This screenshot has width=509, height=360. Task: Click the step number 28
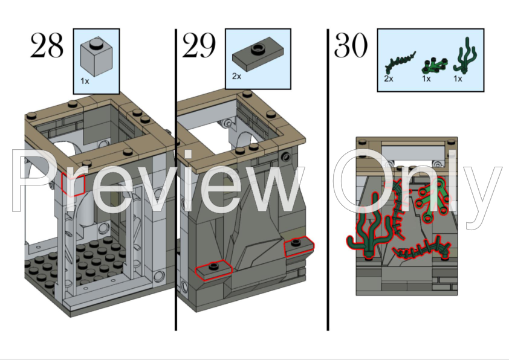pos(47,46)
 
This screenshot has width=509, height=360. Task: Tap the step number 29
pos(199,46)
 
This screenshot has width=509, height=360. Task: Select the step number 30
pos(351,46)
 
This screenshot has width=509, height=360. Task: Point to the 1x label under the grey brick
pos(84,81)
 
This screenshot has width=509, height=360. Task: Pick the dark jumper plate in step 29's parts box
pos(256,56)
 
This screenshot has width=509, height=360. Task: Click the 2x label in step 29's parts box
pos(236,77)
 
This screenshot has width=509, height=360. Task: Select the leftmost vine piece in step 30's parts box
pos(400,61)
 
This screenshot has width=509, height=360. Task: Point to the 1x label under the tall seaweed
pos(458,79)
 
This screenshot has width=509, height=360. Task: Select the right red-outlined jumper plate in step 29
pos(299,246)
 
